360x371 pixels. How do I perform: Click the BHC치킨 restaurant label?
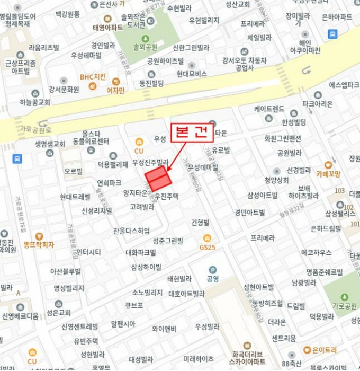pyautogui.click(x=93, y=76)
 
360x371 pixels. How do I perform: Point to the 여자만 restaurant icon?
pyautogui.click(x=115, y=82)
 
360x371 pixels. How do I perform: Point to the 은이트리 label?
pyautogui.click(x=324, y=349)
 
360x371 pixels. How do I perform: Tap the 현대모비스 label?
pyautogui.click(x=192, y=74)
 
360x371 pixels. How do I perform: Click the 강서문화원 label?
pyautogui.click(x=64, y=89)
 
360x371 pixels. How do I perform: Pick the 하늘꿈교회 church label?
pyautogui.click(x=35, y=102)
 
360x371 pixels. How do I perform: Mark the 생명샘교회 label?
pyautogui.click(x=50, y=144)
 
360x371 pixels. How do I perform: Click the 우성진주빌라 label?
pyautogui.click(x=150, y=162)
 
